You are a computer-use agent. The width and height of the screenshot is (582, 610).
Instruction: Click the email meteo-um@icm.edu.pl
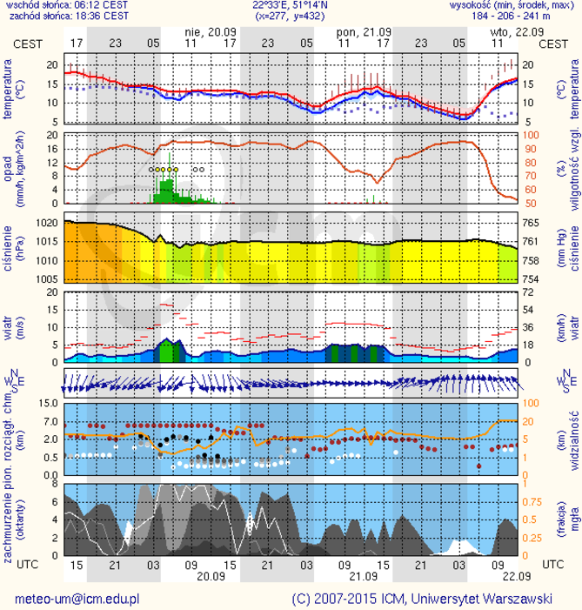[x=77, y=599]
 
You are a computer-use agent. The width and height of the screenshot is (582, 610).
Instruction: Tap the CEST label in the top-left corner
[x=25, y=43]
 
